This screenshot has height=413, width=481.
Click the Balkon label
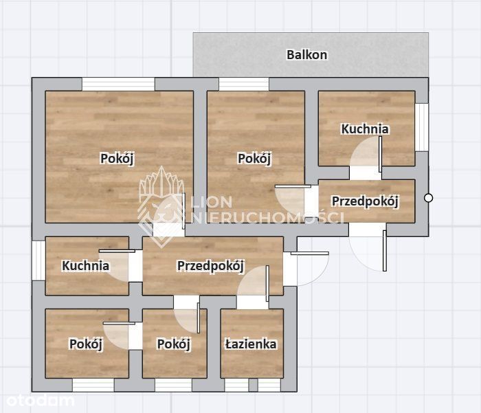[x=306, y=55]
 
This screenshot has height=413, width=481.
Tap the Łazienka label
[x=251, y=344]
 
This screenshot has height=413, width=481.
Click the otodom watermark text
[x=40, y=401]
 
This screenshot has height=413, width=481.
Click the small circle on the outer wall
[x=428, y=198]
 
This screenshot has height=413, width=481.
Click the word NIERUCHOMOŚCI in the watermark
[x=267, y=217]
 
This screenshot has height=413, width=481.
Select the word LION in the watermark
[x=212, y=202]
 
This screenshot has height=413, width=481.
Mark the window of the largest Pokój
[x=118, y=84]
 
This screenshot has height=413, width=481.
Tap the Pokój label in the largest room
[x=118, y=159]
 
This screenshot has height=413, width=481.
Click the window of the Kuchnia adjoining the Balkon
[x=421, y=127]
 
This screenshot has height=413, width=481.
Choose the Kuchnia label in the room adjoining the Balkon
[x=365, y=129]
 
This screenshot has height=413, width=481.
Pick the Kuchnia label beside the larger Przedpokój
[x=85, y=266]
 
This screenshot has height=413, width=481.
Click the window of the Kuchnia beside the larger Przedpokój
[x=38, y=260]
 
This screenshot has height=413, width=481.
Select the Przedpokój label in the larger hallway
[x=210, y=266]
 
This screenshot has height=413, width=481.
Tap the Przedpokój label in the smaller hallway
[x=365, y=201]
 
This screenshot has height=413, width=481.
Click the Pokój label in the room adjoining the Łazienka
[x=174, y=344]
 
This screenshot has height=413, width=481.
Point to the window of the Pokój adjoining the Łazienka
[x=173, y=385]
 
